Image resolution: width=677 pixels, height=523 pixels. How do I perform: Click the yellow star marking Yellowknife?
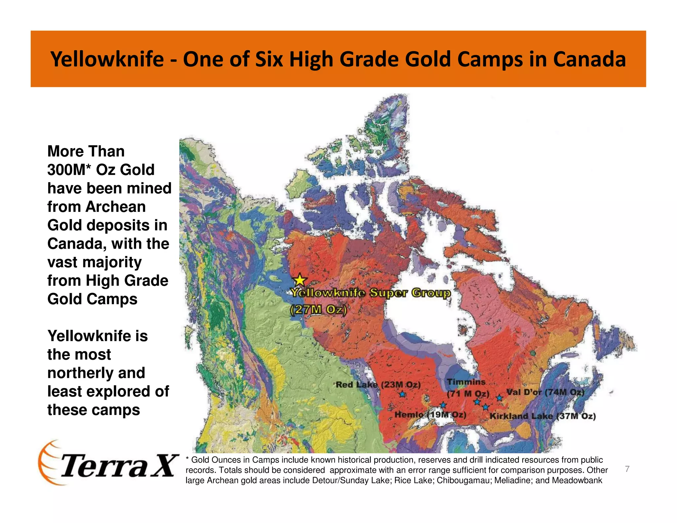coord(300,280)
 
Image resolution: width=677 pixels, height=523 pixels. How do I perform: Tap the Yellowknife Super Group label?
coord(370,293)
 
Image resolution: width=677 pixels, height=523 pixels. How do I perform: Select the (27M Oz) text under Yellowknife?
coord(318,310)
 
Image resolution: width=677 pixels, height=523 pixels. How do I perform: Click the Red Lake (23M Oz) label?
coord(378,385)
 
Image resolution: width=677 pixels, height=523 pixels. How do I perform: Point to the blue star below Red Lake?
coord(402,394)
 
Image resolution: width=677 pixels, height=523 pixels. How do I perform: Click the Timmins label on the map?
coord(466,382)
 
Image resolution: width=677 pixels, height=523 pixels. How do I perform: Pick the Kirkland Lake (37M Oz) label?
coord(542,416)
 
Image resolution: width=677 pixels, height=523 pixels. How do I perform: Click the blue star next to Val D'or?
coord(499,398)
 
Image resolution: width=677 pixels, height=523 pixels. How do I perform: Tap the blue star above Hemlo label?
coord(443,405)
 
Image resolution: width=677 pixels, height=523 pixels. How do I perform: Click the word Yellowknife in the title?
coord(107,59)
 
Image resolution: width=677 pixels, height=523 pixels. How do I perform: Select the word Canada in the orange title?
coord(589,59)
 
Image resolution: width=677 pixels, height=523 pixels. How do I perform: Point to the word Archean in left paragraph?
coord(115,207)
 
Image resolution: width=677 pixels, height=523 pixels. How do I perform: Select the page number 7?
coord(627,469)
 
